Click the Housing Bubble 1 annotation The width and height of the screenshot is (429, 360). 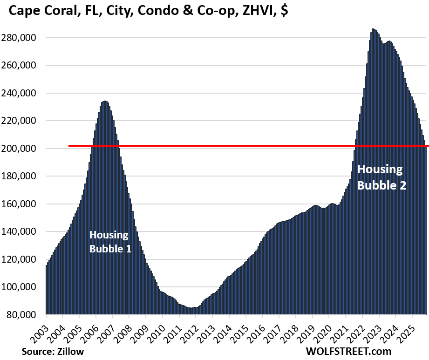click(110, 241)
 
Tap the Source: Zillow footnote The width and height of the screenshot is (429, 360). click(45, 351)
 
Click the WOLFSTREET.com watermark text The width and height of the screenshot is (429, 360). click(348, 351)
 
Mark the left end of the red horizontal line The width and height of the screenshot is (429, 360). click(69, 146)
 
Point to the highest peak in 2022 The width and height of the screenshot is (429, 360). click(373, 29)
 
